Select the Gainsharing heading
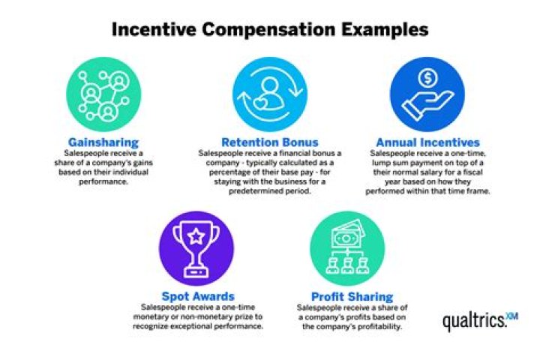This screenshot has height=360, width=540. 103,142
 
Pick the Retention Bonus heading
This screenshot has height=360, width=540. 270,142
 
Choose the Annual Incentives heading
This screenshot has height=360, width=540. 427,142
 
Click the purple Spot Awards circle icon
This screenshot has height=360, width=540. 196,248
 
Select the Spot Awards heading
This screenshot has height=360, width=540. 196,296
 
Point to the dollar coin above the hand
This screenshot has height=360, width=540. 427,77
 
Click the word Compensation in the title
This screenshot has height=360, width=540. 270,29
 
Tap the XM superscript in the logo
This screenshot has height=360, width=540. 512,315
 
